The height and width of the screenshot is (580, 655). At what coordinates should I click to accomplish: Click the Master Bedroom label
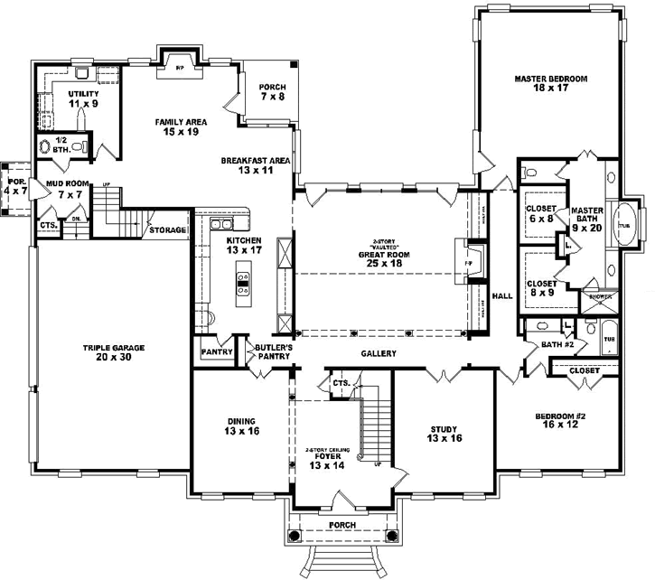551,80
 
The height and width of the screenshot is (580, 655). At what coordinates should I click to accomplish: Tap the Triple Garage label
115,348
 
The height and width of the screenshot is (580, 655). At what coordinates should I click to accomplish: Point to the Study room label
444,429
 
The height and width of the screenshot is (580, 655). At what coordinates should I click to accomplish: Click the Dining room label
240,422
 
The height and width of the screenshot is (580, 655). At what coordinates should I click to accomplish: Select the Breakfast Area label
255,161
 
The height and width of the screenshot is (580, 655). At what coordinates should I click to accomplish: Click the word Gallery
378,353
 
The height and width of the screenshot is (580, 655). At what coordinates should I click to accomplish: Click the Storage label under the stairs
168,230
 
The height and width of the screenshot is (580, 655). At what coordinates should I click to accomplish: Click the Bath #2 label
553,345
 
